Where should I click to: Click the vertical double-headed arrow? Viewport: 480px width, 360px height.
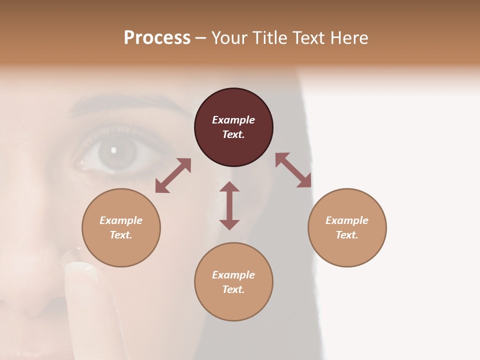pos(229,205)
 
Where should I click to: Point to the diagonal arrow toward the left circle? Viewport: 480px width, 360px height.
pos(173,175)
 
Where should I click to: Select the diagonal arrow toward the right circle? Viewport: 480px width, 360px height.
pos(293,170)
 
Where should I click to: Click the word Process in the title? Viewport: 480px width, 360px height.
pos(157,38)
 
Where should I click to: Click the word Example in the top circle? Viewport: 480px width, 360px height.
pos(233,120)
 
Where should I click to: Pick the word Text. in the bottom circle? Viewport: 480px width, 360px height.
pos(233,289)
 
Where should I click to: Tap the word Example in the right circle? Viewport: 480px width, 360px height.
pos(347,220)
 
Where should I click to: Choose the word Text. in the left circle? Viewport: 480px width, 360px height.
pos(121,235)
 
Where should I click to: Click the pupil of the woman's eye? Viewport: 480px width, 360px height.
pos(113,149)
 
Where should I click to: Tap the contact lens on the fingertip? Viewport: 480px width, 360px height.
pos(80,260)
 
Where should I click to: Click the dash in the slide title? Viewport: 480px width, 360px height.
pos(201,38)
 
